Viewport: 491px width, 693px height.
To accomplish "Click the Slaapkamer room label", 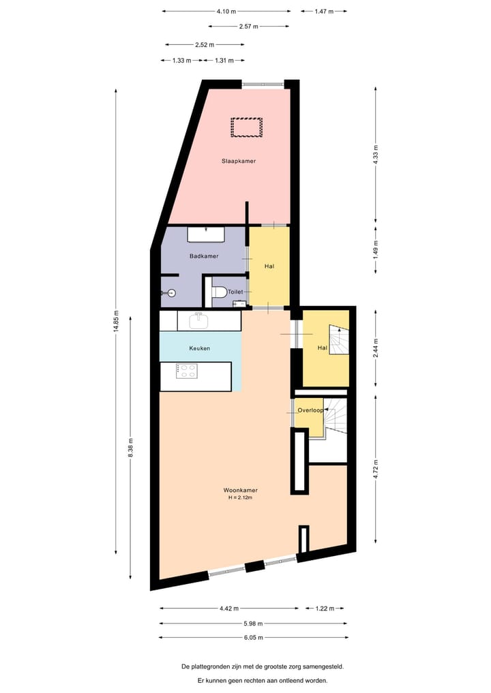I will pos(233,161).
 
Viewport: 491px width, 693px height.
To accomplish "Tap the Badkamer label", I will pos(204,256).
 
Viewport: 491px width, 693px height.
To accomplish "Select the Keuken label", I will pos(200,348).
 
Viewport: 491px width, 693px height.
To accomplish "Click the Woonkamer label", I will pos(240,490).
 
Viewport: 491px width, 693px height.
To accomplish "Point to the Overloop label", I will pos(310,410).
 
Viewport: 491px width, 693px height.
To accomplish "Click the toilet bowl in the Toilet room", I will pos(219,292).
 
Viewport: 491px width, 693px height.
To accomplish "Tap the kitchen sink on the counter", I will pos(198,320).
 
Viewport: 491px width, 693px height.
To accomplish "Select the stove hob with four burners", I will pos(187,371).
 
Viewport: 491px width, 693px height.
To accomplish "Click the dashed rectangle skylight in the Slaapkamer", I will pos(246,127).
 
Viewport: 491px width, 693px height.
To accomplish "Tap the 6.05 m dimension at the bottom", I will pos(252,638).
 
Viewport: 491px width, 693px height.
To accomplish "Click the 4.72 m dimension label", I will pos(376,470).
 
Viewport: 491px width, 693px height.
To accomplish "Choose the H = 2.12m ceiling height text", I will pos(240,498).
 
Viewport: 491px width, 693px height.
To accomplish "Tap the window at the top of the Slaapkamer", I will pos(263,84).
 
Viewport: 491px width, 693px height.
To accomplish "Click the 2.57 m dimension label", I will pos(248,27).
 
